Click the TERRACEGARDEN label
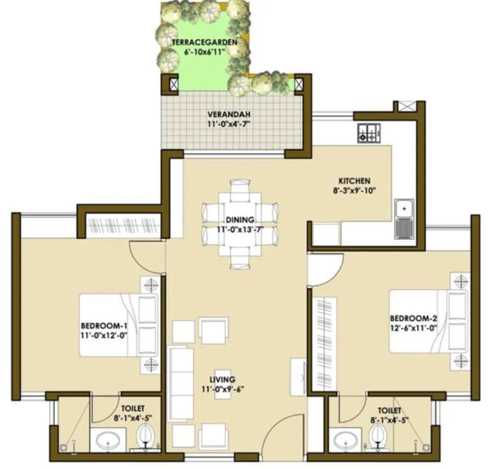pos(200,42)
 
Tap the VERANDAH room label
pos(227,115)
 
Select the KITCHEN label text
pos(354,181)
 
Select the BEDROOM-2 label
pos(413,319)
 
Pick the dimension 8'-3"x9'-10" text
pos(354,190)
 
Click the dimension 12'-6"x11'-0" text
pos(413,328)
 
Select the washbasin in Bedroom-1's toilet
pos(106,440)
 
